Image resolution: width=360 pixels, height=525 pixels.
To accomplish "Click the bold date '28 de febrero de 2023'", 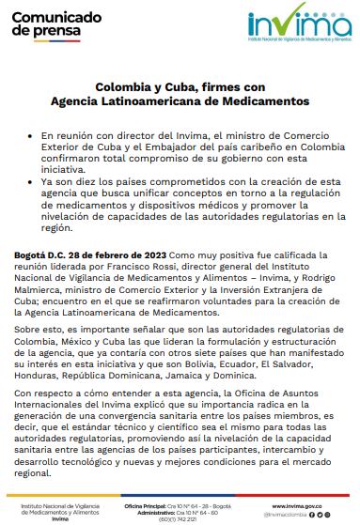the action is pyautogui.click(x=117, y=255).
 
